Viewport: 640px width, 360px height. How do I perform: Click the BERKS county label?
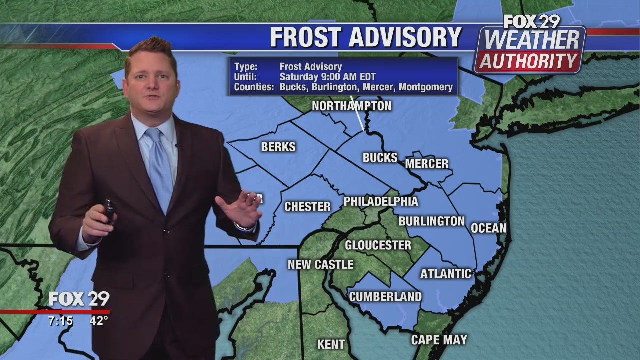278,147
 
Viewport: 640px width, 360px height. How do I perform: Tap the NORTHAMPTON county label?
351,106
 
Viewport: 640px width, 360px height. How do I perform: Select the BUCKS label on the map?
380,158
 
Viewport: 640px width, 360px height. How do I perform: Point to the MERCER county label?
426,164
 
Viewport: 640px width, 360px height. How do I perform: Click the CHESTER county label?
307,206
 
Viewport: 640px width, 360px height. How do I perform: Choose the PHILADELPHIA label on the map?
380,201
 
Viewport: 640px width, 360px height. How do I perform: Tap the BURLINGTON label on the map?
432,221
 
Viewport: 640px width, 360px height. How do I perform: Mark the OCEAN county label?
488,228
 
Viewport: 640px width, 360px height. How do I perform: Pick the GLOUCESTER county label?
378,245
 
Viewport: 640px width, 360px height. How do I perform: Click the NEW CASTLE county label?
320,264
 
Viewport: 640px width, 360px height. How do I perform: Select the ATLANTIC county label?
445,273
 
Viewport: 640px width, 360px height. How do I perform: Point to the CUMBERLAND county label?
385,296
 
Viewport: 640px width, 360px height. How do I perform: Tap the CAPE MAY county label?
439,340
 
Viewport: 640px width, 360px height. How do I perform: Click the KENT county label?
331,344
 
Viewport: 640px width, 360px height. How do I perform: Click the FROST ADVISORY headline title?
365,37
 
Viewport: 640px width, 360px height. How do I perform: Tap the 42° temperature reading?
99,321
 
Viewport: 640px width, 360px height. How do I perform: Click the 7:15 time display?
60,321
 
